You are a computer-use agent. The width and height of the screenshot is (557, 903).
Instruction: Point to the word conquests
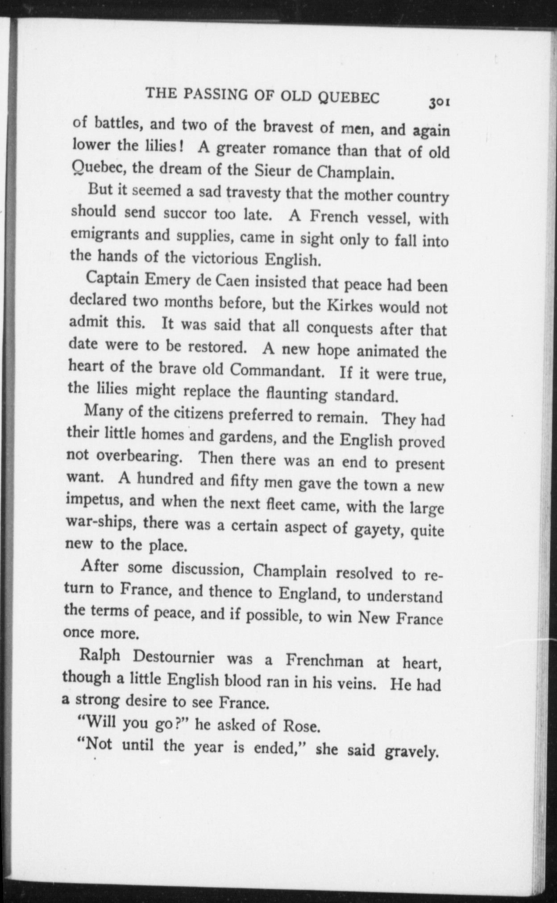pyautogui.click(x=340, y=328)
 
